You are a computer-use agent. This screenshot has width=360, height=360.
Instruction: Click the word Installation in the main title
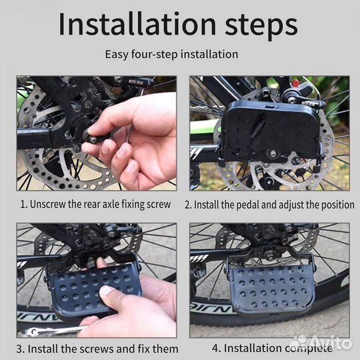click(137, 24)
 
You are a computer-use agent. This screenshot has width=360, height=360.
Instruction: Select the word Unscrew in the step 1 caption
click(48, 204)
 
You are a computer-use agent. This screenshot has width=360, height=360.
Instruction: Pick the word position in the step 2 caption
click(337, 205)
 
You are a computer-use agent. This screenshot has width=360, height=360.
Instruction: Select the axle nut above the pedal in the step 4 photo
click(269, 255)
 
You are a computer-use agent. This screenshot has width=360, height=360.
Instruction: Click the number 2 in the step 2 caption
click(187, 205)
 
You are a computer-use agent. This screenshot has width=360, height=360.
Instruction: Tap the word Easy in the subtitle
click(117, 55)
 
